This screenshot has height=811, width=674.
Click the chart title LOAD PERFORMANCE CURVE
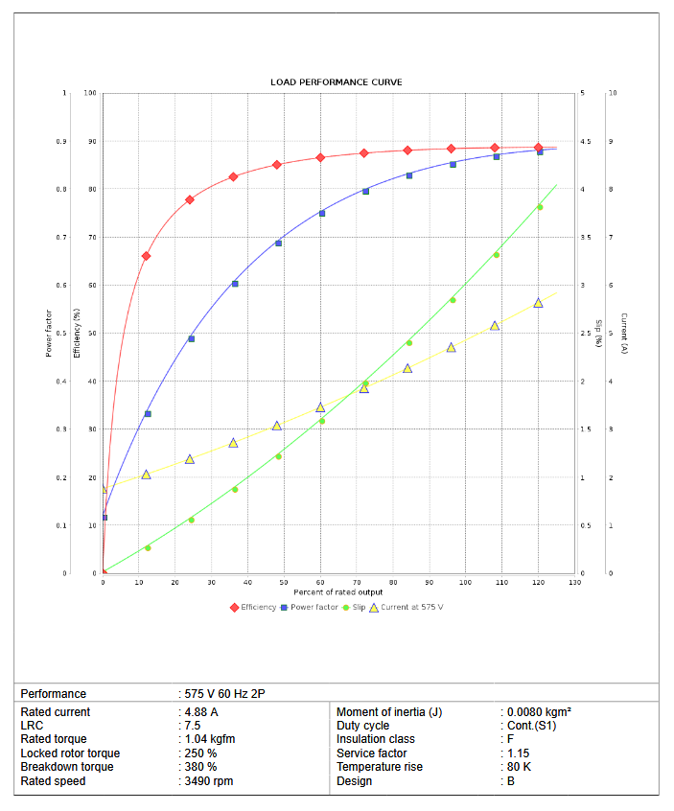[x=336, y=82]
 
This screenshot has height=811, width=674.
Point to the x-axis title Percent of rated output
[x=337, y=591]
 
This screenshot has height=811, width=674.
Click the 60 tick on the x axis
[x=320, y=582]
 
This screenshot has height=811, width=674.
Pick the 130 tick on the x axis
[x=574, y=582]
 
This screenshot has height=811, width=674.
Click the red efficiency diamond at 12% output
[x=146, y=256]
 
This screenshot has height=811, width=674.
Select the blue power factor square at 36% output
[x=235, y=284]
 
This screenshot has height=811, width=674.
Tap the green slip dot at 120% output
[x=539, y=207]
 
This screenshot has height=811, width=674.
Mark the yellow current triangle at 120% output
[x=538, y=303]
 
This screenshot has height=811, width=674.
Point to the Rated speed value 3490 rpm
[x=209, y=781]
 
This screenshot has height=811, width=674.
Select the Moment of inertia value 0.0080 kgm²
[x=539, y=712]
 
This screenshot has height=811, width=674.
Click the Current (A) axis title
[x=623, y=333]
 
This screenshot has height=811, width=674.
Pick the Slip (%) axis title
[x=598, y=333]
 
